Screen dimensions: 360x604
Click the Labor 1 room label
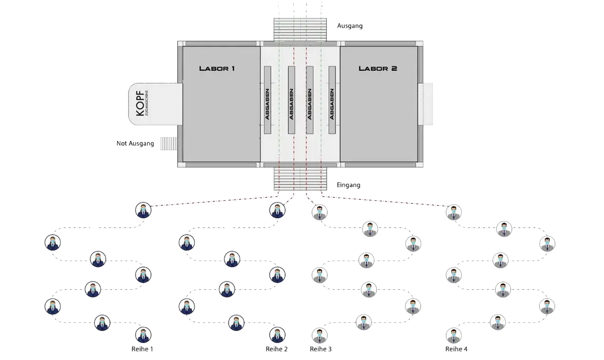(x=217, y=69)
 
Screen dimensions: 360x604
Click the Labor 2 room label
(x=378, y=69)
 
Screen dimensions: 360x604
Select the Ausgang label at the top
(x=350, y=26)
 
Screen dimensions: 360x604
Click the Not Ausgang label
(x=135, y=144)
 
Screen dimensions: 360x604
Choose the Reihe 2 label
(x=277, y=349)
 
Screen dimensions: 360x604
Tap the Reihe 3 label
(x=321, y=349)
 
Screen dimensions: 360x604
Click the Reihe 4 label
(x=456, y=349)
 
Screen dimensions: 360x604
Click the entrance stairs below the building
(x=300, y=179)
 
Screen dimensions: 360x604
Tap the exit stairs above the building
(x=300, y=30)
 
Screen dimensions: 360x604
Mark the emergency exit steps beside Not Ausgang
(x=167, y=144)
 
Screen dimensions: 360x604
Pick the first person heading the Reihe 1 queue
(x=143, y=210)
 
